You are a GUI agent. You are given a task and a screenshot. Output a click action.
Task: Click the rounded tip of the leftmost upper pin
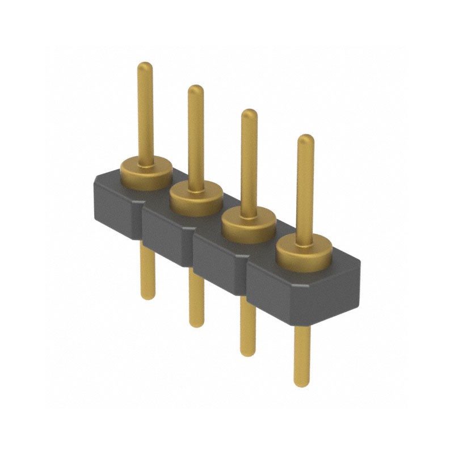tap(145, 66)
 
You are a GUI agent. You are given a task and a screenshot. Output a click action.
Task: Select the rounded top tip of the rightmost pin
tap(305, 139)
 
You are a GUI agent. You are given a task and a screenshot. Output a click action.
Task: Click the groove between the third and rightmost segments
tap(246, 275)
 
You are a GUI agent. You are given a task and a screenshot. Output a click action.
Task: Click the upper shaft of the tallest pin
tap(145, 113)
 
